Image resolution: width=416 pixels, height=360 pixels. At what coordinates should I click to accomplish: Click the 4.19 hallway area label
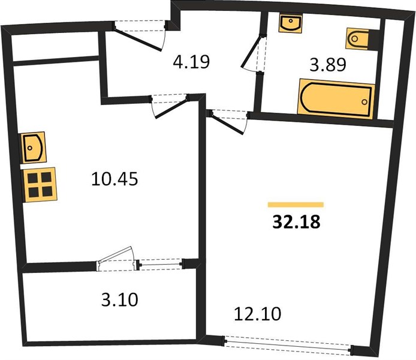pos(191,62)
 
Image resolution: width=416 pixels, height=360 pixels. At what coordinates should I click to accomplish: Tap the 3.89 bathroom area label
pos(328,65)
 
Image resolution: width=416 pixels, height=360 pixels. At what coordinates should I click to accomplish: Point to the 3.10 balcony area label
pos(120,299)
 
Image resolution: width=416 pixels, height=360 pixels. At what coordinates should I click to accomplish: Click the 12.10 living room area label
pos(257,314)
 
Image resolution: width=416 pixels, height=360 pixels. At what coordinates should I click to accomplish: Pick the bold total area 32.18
pos(296,221)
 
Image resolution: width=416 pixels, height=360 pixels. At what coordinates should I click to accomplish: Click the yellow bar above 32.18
pos(296,205)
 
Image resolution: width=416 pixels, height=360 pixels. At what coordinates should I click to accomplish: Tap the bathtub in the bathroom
pos(336,99)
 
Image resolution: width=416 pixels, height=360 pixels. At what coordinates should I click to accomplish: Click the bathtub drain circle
pos(364,102)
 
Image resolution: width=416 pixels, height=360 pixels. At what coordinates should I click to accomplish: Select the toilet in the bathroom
pos(358,39)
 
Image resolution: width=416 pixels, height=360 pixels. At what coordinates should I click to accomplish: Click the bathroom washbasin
pos(290,23)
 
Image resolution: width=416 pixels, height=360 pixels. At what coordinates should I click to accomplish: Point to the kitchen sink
pos(34,148)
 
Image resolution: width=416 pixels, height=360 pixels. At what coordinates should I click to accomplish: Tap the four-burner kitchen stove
pos(40,185)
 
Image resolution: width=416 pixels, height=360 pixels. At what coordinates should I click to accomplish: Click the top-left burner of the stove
pos(33,178)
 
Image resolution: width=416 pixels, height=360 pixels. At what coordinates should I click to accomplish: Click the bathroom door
pos(254,53)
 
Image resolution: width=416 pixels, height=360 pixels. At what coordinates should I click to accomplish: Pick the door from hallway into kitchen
pos(170,106)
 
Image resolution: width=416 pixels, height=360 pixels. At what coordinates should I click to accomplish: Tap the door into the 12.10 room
pos(228,122)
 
